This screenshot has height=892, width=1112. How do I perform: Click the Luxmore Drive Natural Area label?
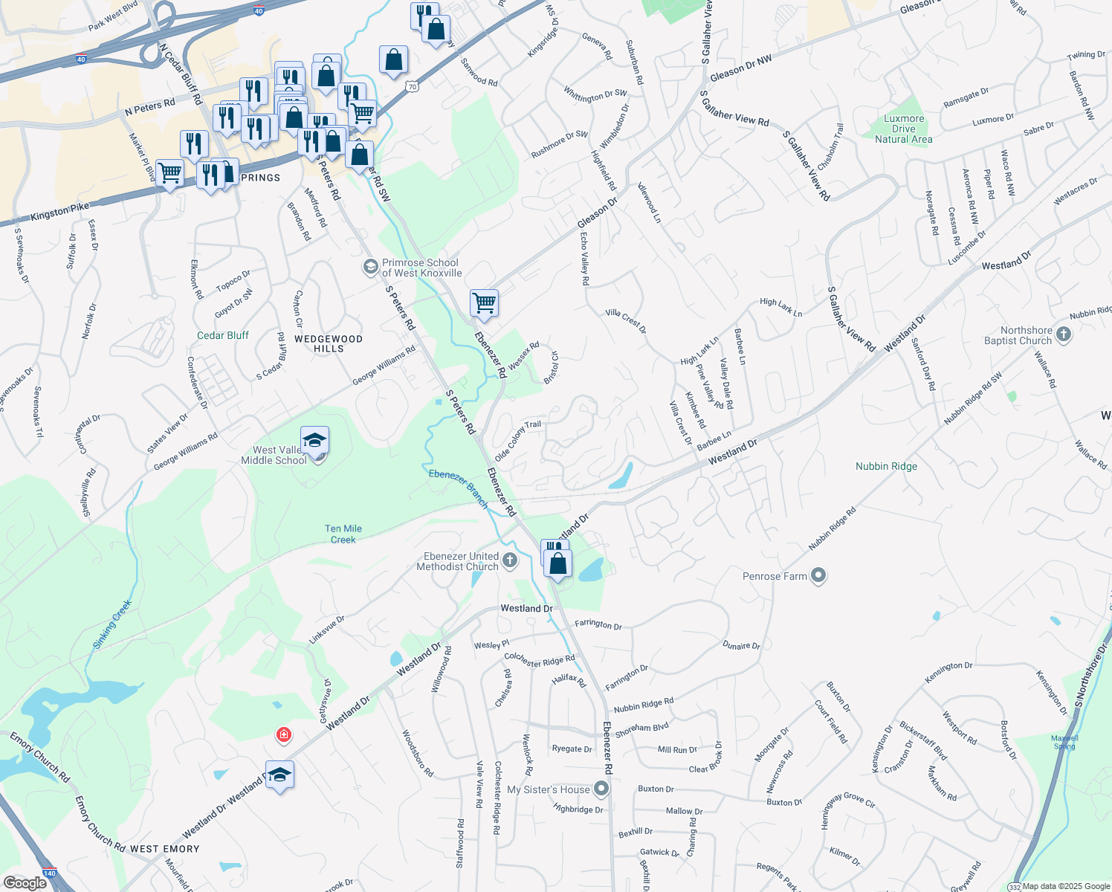click(903, 129)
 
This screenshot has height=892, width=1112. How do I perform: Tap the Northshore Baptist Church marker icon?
click(1064, 334)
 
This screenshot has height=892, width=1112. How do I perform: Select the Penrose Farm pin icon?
click(818, 576)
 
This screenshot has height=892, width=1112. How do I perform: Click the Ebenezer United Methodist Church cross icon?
click(509, 560)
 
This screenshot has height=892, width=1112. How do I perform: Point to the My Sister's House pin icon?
click(602, 789)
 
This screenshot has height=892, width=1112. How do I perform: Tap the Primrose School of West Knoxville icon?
click(370, 267)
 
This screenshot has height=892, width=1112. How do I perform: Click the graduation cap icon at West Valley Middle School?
click(314, 442)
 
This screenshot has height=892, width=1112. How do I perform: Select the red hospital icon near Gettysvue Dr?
click(283, 735)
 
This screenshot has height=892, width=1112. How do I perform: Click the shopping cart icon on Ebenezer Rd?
click(484, 303)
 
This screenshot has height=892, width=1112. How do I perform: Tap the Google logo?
click(25, 883)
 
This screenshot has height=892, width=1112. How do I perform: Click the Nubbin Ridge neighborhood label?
click(886, 466)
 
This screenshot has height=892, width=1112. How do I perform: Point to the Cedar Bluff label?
click(223, 335)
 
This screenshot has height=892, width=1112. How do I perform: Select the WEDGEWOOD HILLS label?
click(329, 343)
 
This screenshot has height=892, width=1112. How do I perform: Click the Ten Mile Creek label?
click(343, 534)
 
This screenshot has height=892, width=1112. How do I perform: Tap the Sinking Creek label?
click(113, 624)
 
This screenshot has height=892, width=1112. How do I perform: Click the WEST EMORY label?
click(164, 849)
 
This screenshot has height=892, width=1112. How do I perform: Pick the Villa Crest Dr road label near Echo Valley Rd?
click(626, 320)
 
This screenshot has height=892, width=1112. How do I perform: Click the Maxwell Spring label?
click(1064, 742)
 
